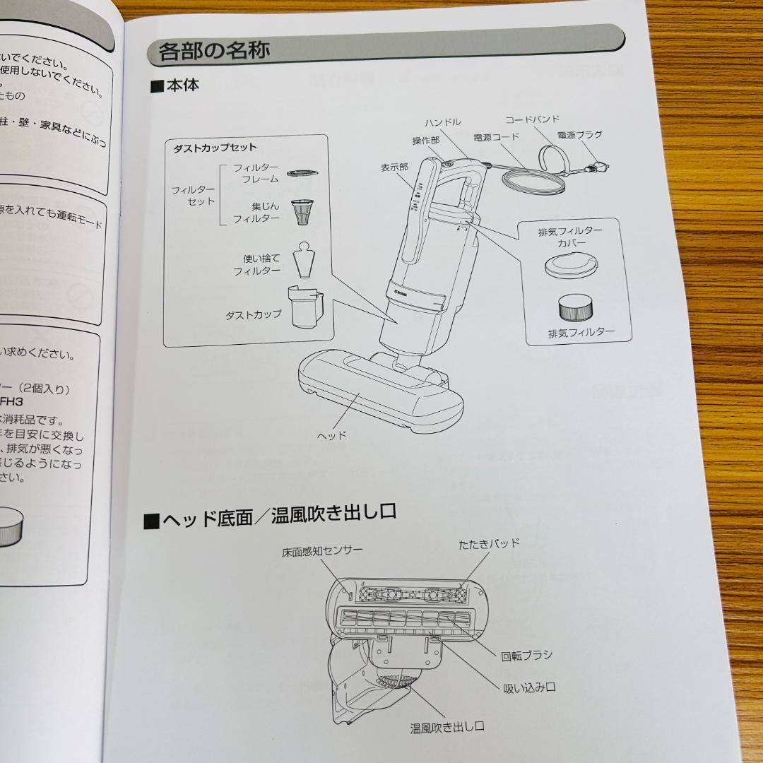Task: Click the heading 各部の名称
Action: (214, 52)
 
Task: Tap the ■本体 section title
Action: (175, 86)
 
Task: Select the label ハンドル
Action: (442, 122)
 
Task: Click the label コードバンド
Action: (532, 119)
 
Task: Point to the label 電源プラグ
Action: (581, 135)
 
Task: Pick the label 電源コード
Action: (496, 137)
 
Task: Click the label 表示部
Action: (394, 167)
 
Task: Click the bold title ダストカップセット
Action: (215, 148)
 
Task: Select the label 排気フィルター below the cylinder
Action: (581, 332)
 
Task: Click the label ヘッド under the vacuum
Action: (331, 435)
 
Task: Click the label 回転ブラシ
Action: (526, 655)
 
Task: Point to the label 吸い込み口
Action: (529, 687)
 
